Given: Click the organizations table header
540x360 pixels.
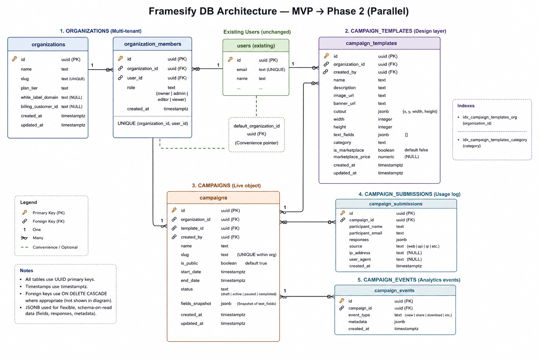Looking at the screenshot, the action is (48, 44).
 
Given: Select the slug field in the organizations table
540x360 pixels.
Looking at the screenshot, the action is (25, 79).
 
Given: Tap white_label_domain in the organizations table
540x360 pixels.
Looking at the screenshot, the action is (39, 97).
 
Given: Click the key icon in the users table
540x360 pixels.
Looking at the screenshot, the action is (230, 59).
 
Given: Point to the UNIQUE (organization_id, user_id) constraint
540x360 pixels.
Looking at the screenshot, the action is (153, 123).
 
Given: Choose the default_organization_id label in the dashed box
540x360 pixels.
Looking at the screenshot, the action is (257, 126).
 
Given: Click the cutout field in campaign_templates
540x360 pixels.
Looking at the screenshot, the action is (340, 111).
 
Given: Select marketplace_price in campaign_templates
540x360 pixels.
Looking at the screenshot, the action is (352, 157).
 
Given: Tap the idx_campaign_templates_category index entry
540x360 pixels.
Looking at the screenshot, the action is (495, 140).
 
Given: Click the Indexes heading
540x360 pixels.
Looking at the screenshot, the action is (466, 105).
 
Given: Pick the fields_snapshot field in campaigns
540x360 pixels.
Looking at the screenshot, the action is (196, 304).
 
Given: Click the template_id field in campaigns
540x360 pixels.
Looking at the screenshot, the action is (192, 228).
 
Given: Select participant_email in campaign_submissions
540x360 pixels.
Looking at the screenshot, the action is (366, 233).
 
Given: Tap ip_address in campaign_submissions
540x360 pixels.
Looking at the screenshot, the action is (359, 253).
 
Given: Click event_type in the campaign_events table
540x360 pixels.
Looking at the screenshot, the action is (359, 315).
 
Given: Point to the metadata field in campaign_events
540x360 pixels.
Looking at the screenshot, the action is (358, 322).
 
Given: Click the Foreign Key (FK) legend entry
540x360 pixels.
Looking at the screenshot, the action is (49, 221).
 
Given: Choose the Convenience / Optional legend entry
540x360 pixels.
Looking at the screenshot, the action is (55, 247).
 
